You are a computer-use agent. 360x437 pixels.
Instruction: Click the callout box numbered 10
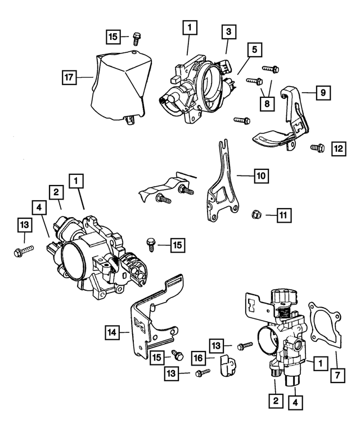(260, 176)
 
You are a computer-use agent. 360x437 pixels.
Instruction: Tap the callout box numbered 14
(112, 332)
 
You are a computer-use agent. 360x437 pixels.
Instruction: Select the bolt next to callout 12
(317, 148)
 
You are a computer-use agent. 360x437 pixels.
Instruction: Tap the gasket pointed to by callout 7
(323, 329)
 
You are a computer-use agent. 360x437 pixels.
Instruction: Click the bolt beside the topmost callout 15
(136, 39)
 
